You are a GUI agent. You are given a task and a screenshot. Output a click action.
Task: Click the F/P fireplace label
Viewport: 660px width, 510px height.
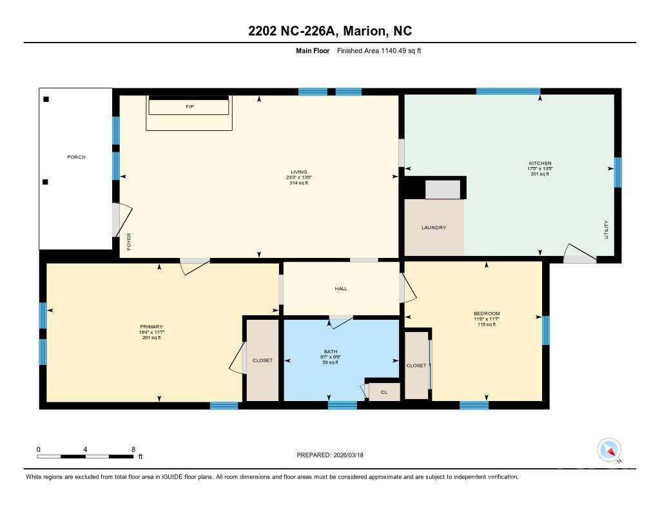pyautogui.click(x=189, y=106)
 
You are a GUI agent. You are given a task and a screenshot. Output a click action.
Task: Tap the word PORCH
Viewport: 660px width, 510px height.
pyautogui.click(x=76, y=157)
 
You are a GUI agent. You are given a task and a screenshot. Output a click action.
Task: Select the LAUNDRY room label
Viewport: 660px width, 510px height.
pyautogui.click(x=433, y=228)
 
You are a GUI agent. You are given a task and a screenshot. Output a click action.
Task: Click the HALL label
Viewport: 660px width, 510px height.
pyautogui.click(x=341, y=288)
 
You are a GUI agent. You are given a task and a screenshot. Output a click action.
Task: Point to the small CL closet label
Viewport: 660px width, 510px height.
pyautogui.click(x=384, y=391)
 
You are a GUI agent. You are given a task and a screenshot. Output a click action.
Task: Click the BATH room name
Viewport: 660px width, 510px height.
pyautogui.click(x=330, y=351)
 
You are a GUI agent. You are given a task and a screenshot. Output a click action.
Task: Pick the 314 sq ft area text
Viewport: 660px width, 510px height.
pyautogui.click(x=298, y=183)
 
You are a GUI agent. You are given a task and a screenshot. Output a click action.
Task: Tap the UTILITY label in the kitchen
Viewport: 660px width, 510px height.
pyautogui.click(x=606, y=230)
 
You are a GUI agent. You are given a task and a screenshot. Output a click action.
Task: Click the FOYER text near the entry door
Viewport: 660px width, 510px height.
pyautogui.click(x=129, y=242)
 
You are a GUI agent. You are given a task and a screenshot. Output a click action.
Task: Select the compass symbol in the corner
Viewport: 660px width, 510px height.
pyautogui.click(x=609, y=449)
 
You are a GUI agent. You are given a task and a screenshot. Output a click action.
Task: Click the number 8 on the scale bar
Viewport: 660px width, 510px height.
pyautogui.click(x=133, y=449)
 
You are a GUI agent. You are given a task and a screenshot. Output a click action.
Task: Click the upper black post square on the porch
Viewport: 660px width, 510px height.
pyautogui.click(x=46, y=99)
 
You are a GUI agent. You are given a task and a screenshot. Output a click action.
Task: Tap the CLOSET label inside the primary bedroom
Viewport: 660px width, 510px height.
pyautogui.click(x=262, y=360)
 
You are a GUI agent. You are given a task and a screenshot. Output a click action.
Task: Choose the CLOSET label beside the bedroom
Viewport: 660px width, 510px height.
pyautogui.click(x=416, y=366)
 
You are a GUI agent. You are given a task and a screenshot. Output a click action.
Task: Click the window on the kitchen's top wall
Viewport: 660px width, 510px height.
pyautogui.click(x=508, y=92)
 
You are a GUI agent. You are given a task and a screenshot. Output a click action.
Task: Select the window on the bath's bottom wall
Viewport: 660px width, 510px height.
pyautogui.click(x=342, y=405)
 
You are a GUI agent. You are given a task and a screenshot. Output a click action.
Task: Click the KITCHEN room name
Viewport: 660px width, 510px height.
pyautogui.click(x=540, y=163)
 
